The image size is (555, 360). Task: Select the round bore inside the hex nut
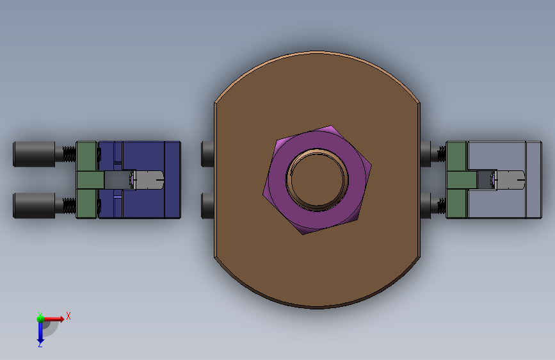pos(317,179)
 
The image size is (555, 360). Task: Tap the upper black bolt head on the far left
pos(34,154)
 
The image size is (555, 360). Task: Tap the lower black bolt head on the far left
pos(34,206)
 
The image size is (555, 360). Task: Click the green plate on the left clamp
pos(86,180)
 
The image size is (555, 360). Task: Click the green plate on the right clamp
pos(456,180)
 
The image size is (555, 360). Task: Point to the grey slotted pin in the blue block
pos(149,180)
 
